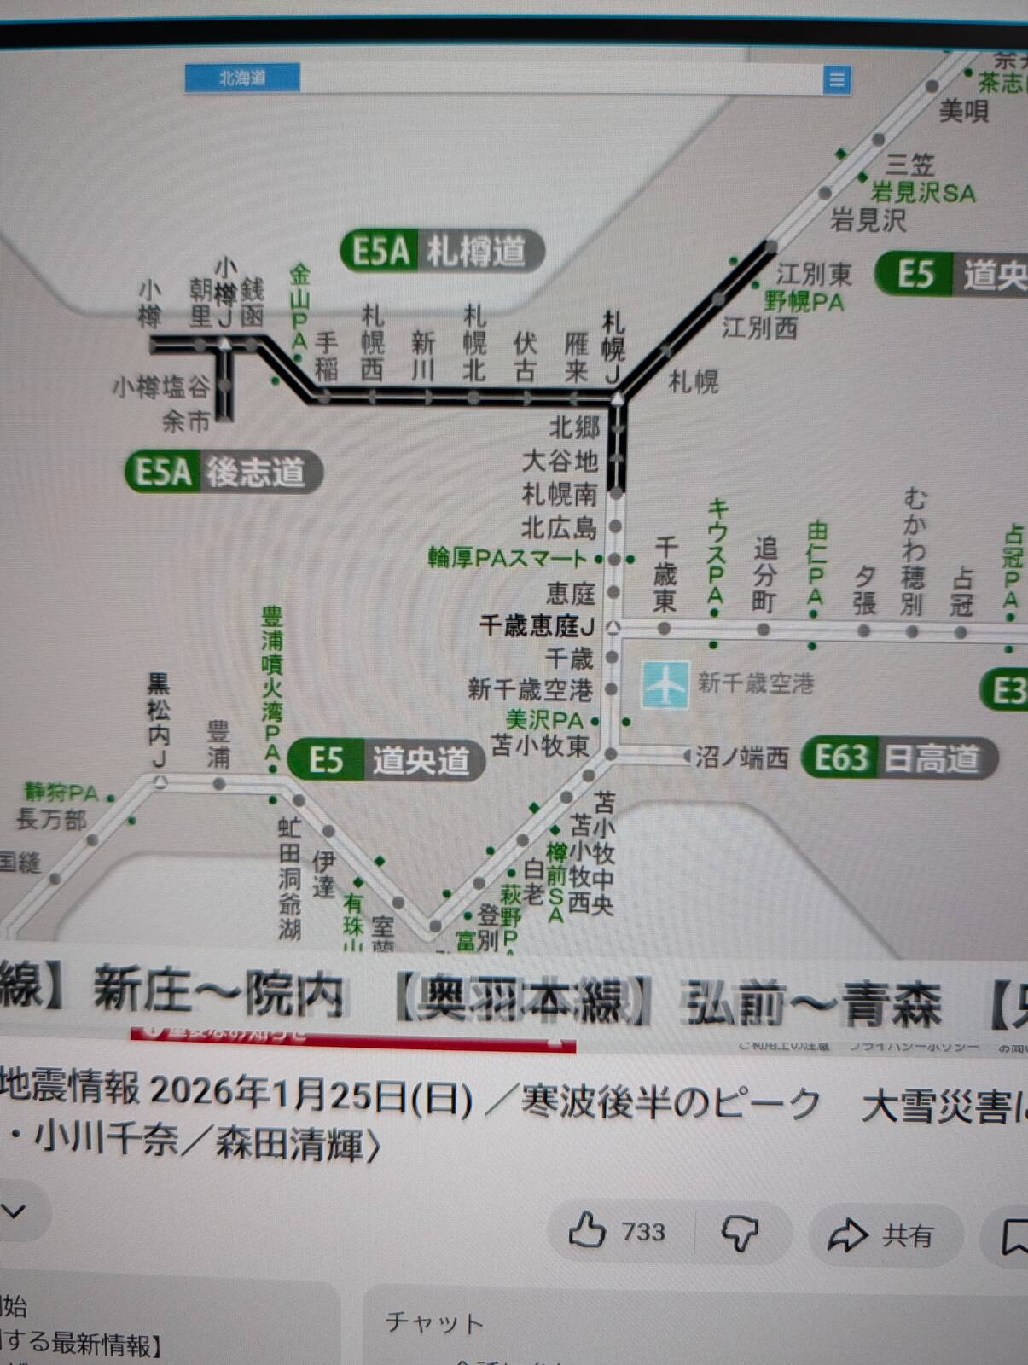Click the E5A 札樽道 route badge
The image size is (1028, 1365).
point(441,252)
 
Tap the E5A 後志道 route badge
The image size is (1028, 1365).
point(224,472)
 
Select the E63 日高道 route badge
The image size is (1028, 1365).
point(899,758)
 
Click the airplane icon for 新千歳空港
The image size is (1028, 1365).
point(665,684)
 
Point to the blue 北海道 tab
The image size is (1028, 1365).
point(242,78)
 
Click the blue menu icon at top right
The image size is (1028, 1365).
point(837,79)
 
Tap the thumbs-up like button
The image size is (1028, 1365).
point(587,1232)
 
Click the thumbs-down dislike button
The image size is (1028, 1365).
point(741,1234)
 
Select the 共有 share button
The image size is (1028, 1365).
point(882,1234)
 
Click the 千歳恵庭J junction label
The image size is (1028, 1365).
point(536,626)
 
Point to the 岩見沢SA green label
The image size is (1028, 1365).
point(923,193)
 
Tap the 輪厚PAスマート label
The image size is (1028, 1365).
point(507,559)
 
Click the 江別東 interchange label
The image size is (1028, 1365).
point(814,274)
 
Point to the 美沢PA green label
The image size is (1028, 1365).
point(544,720)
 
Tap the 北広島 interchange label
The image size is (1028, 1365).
point(559,527)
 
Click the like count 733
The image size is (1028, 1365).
point(643,1232)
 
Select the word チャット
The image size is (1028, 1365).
point(434,1322)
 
